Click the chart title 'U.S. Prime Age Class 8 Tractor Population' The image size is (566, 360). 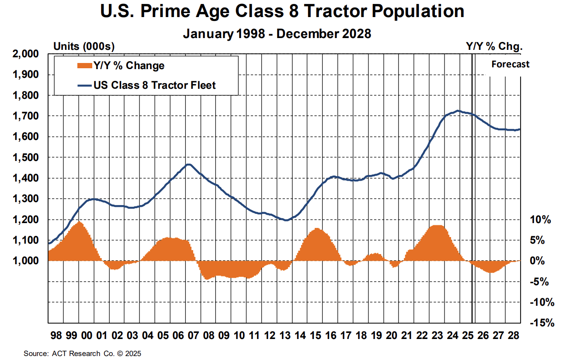tap(282, 12)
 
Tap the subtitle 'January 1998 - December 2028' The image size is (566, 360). tap(277, 34)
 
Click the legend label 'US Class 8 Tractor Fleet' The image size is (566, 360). tap(154, 85)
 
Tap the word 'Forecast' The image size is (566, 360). tap(510, 64)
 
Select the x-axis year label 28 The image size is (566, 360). tap(513, 336)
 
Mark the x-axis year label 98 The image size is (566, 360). tap(56, 336)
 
